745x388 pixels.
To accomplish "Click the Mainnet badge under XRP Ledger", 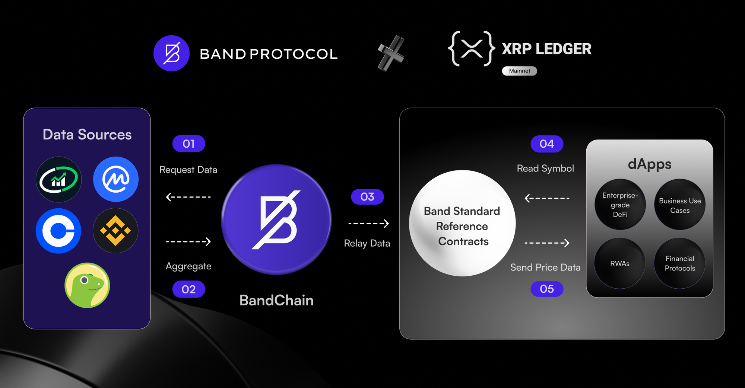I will (x=519, y=71).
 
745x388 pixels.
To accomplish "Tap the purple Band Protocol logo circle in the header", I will (x=172, y=53).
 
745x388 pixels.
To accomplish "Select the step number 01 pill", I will (x=188, y=144).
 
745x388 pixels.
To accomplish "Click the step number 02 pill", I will (x=188, y=289).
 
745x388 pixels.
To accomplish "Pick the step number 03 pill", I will (x=367, y=197).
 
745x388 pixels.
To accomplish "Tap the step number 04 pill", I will (x=547, y=144).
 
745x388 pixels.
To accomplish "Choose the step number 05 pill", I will (x=547, y=289).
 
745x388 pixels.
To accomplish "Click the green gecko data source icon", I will (x=87, y=285).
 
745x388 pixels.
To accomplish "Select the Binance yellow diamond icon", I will (x=115, y=231).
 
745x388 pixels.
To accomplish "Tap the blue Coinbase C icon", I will (x=58, y=231).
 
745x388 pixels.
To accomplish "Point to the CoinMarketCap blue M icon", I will (x=116, y=179).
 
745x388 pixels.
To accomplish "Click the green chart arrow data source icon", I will (x=58, y=179).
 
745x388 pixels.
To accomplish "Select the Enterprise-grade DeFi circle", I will (x=620, y=205).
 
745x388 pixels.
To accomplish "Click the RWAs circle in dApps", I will (x=620, y=263).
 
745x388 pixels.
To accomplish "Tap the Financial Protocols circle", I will (x=680, y=263).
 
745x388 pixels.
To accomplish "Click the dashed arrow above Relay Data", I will (x=368, y=224).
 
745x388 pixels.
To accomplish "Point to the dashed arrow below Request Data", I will (x=188, y=197).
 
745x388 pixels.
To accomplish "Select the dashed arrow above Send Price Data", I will (x=547, y=243).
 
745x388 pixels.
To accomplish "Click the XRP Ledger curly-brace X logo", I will (x=472, y=49).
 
